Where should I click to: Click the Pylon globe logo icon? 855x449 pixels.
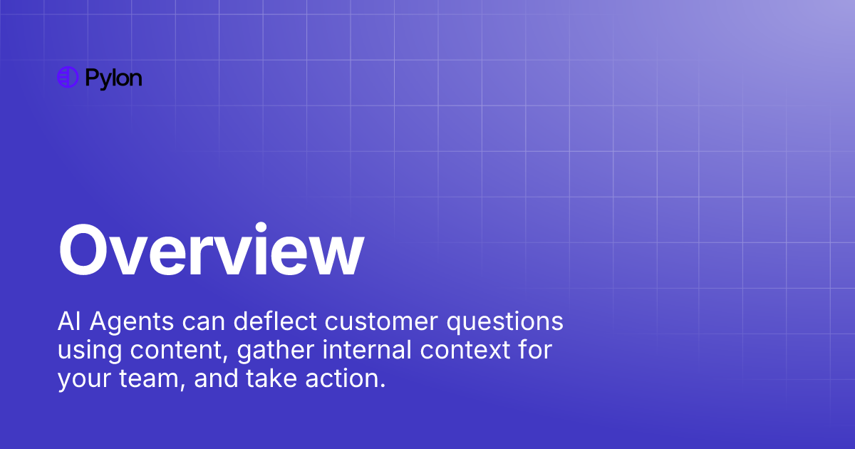(x=67, y=77)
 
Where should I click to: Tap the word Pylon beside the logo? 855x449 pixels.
(x=113, y=78)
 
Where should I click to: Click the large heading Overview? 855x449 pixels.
(x=211, y=251)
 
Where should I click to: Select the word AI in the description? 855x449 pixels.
(x=68, y=321)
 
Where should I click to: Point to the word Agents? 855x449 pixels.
(x=130, y=323)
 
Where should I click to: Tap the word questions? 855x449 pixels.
(x=505, y=323)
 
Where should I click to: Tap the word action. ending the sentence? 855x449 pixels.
(x=348, y=378)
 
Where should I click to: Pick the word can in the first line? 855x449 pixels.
(x=202, y=322)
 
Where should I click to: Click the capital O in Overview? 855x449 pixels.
(x=87, y=251)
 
